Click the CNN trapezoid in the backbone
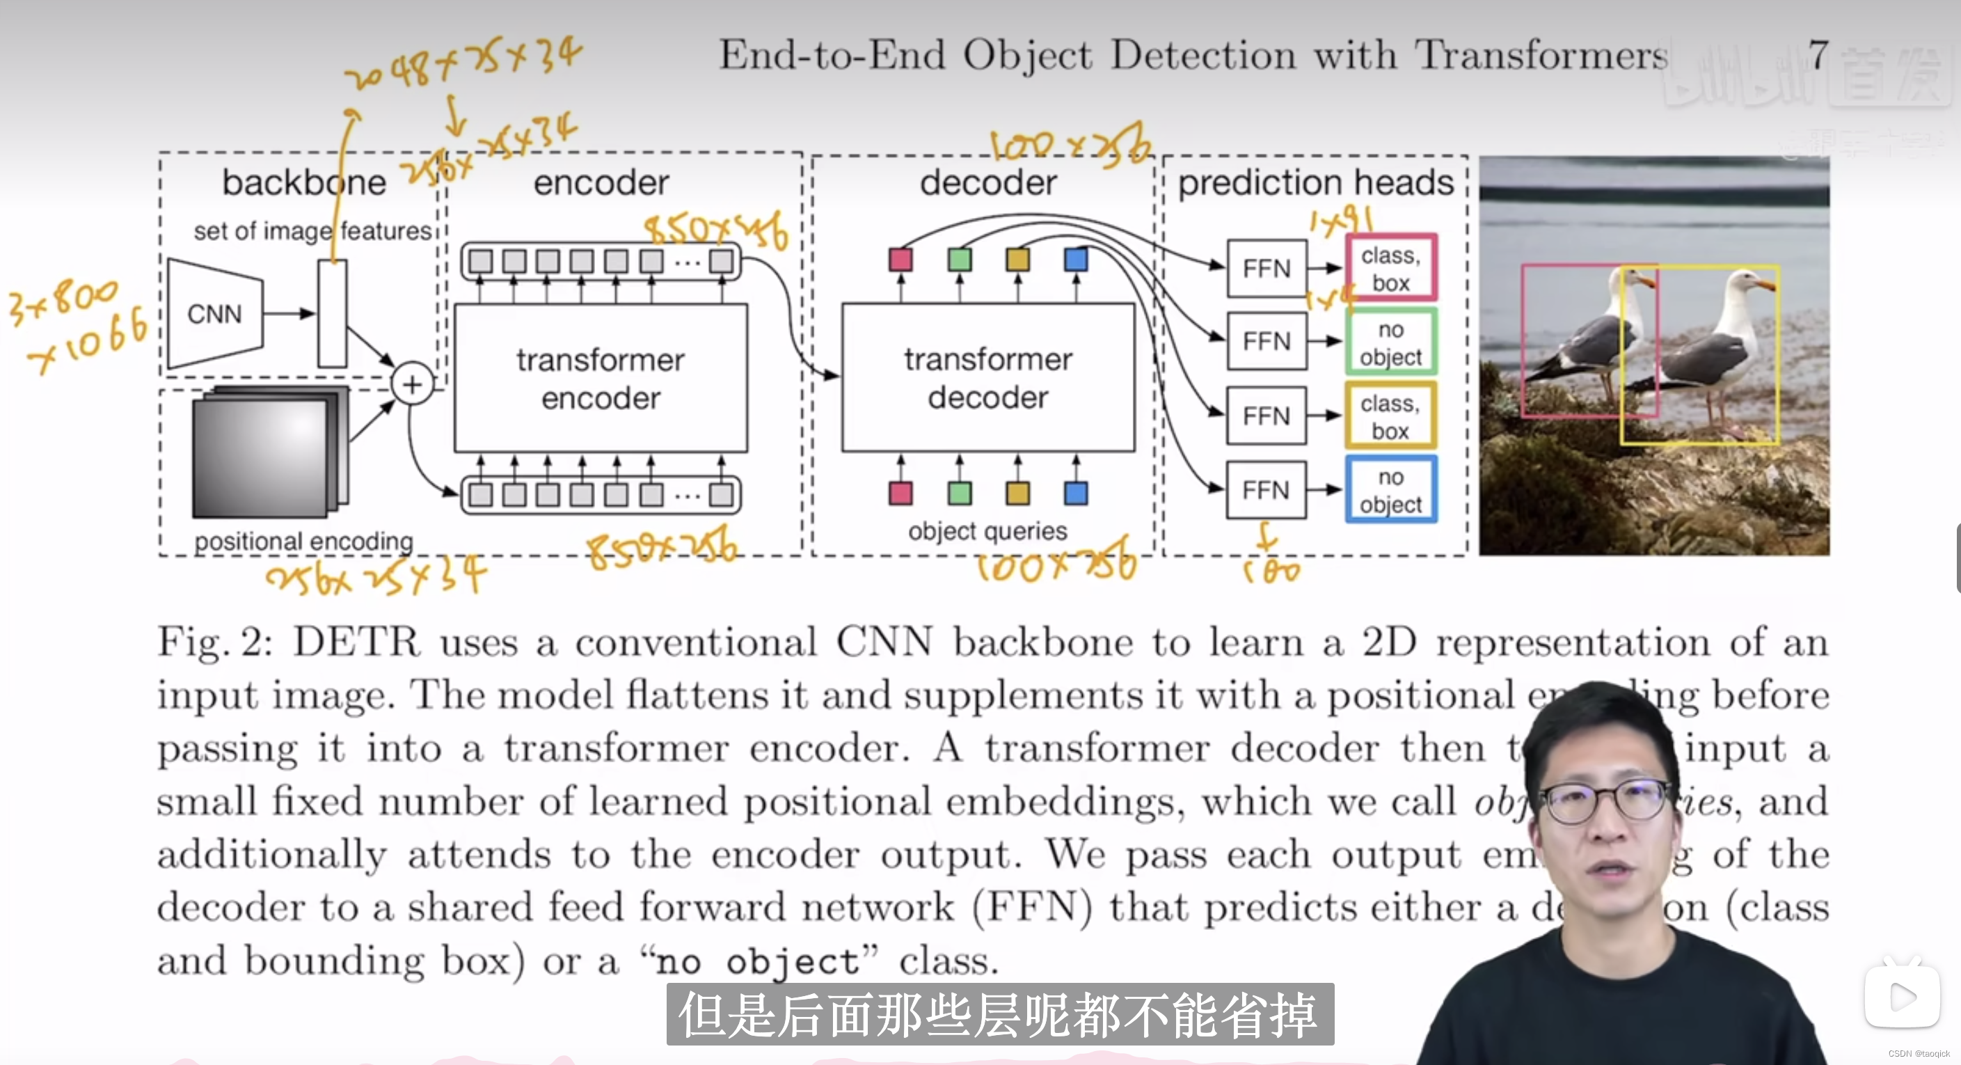click(x=214, y=314)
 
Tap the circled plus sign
click(x=412, y=384)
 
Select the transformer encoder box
click(x=601, y=379)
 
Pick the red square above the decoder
click(x=900, y=260)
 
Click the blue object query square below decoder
click(x=1076, y=493)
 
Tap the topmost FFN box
click(x=1266, y=269)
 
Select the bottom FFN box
click(x=1266, y=489)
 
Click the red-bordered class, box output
click(x=1391, y=268)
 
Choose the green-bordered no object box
click(x=1391, y=342)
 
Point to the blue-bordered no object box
click(x=1391, y=489)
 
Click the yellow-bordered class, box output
click(x=1391, y=416)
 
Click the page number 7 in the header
click(x=1818, y=55)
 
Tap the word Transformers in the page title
click(x=1541, y=55)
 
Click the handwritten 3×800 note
click(x=65, y=300)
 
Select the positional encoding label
click(x=303, y=542)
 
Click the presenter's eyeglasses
click(x=1606, y=801)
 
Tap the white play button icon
click(x=1902, y=997)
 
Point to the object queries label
click(x=987, y=530)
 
